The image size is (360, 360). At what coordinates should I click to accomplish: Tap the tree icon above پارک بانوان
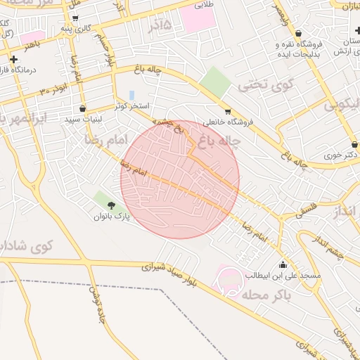112,205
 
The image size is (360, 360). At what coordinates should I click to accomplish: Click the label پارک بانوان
112,217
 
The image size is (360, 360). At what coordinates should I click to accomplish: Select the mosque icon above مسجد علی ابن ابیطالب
283,264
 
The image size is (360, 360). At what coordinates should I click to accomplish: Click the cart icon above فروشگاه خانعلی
228,111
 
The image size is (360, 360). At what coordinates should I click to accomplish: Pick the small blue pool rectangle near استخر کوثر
132,95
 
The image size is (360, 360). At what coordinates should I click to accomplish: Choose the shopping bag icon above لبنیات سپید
84,109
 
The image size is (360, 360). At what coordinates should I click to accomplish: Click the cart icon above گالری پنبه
76,18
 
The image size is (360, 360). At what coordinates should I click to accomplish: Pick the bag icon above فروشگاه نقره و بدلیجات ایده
299,33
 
